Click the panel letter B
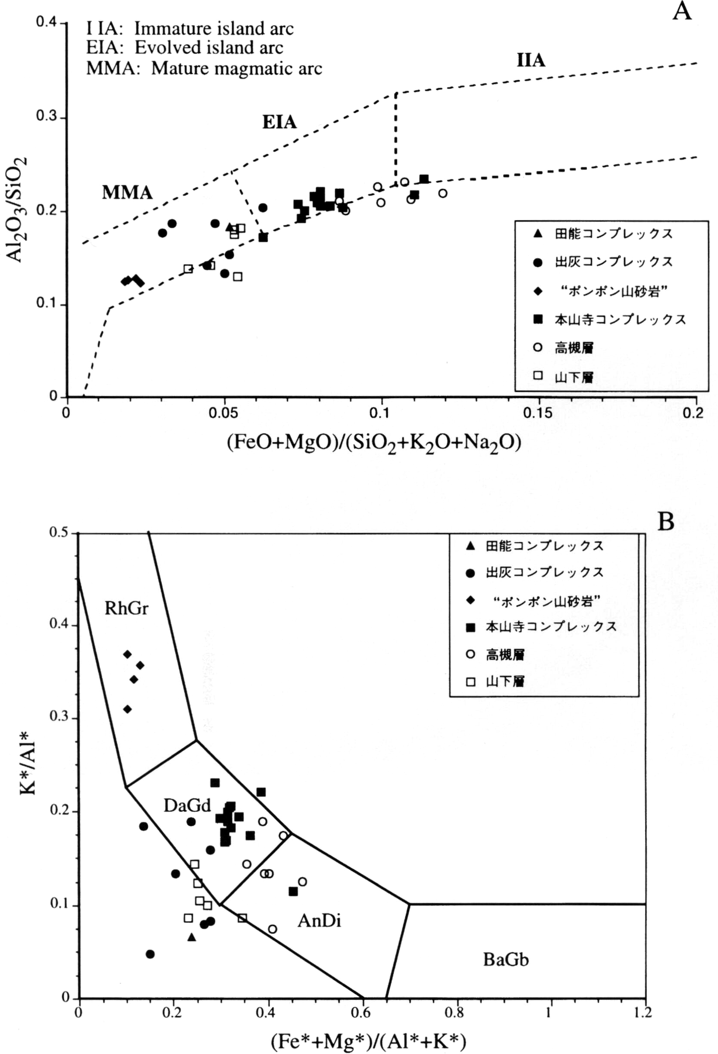[665, 522]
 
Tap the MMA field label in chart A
[127, 193]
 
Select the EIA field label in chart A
[279, 122]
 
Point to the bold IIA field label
[530, 60]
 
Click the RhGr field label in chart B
[126, 608]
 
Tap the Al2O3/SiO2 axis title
[17, 209]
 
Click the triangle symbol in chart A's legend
[538, 234]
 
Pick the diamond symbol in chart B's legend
[470, 601]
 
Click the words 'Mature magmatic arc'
[236, 69]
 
